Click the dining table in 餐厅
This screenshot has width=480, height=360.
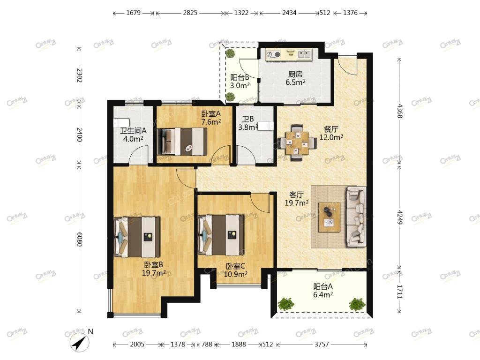297,142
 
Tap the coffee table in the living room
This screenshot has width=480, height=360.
330,217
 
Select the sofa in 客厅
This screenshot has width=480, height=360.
356,217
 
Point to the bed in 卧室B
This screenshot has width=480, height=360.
137,237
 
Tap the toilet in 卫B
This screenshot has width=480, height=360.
265,126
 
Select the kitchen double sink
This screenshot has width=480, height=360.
304,54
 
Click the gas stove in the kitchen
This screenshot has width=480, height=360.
273,55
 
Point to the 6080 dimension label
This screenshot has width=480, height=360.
80,239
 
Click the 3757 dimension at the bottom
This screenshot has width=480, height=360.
322,345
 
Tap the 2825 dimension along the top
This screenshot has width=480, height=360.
190,13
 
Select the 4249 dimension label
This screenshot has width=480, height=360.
399,217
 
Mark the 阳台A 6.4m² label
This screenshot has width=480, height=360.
323,291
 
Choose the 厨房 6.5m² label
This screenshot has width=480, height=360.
295,78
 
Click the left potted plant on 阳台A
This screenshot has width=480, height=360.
286,304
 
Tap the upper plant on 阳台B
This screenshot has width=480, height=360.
230,53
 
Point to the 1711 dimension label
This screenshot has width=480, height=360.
399,292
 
